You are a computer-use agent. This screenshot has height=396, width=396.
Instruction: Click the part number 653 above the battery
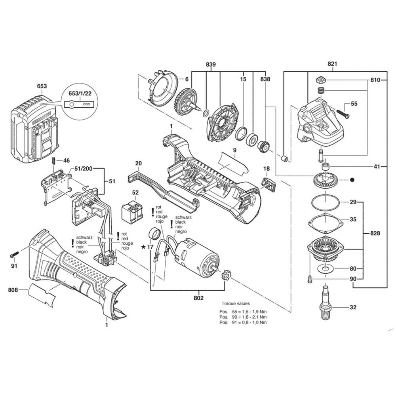click(42, 86)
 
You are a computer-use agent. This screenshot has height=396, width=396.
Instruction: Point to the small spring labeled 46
click(53, 161)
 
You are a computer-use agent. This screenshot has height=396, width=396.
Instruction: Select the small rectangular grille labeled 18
click(268, 184)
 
